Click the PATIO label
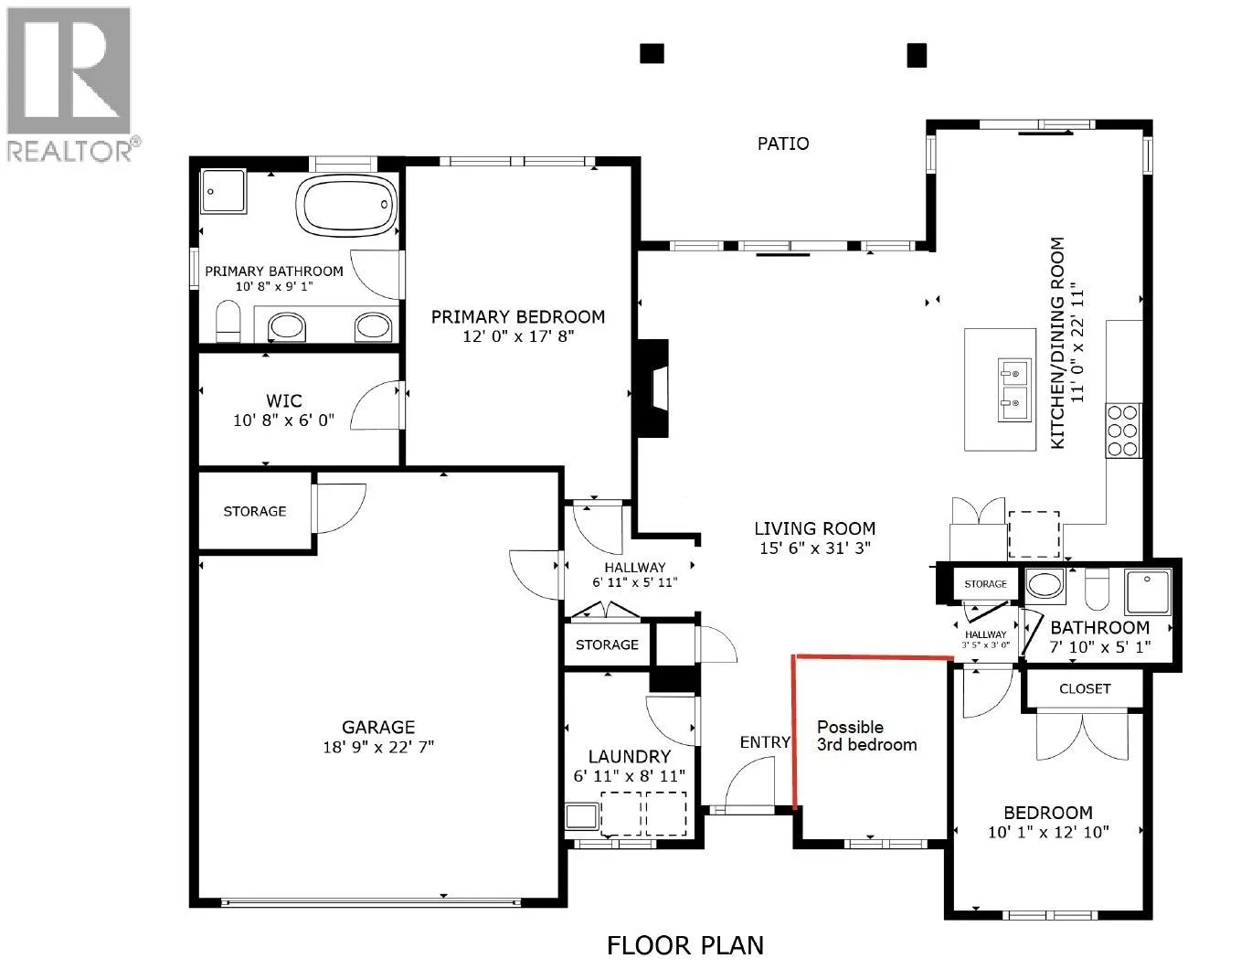pos(783,144)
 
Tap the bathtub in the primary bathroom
pos(347,205)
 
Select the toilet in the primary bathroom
pos(228,322)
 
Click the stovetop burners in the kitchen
pos(1123,431)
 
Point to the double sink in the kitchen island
pos(1015,390)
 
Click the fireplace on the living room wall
pos(652,389)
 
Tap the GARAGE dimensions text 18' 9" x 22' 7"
pos(378,747)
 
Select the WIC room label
pos(284,400)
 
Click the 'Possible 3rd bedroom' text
pos(867,736)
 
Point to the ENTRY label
pos(765,741)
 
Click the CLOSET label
pos(1085,688)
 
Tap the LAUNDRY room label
pos(630,757)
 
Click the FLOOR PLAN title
pos(685,945)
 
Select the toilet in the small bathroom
pos(1096,589)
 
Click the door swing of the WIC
pos(374,405)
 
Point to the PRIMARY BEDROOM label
pos(518,317)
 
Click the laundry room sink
pos(582,816)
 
